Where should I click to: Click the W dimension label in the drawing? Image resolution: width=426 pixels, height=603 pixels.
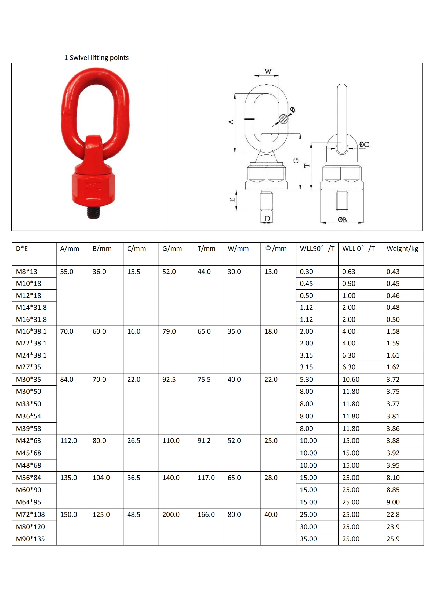pos(268,71)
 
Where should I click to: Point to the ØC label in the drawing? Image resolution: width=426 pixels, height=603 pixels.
pos(364,145)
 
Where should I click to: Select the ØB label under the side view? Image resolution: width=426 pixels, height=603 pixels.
pos(342,220)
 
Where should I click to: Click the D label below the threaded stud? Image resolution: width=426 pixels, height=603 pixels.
pos(267,219)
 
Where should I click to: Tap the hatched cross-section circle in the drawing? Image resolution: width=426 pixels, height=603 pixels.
pos(283,119)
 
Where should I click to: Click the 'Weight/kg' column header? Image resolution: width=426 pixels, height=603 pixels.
pos(402,249)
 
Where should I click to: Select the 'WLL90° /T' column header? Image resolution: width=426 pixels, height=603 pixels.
pos(317,249)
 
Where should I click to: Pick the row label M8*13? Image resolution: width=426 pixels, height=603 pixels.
pos(27,272)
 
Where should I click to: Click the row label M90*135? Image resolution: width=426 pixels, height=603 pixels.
pos(30,539)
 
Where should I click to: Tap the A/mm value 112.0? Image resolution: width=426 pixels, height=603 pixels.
pos(68,441)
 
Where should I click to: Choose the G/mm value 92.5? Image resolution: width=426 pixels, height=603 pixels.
pos(169,380)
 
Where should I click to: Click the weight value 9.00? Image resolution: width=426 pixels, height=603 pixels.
pos(393,502)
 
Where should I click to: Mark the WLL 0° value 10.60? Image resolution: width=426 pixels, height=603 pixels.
pos(351,380)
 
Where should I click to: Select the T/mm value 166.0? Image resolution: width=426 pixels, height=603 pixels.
pos(206,514)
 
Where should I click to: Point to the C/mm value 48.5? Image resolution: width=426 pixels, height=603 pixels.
pos(134,514)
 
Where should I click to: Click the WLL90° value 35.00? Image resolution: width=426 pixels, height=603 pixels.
pos(308,539)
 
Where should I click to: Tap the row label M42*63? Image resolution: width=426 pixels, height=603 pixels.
pos(28,441)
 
